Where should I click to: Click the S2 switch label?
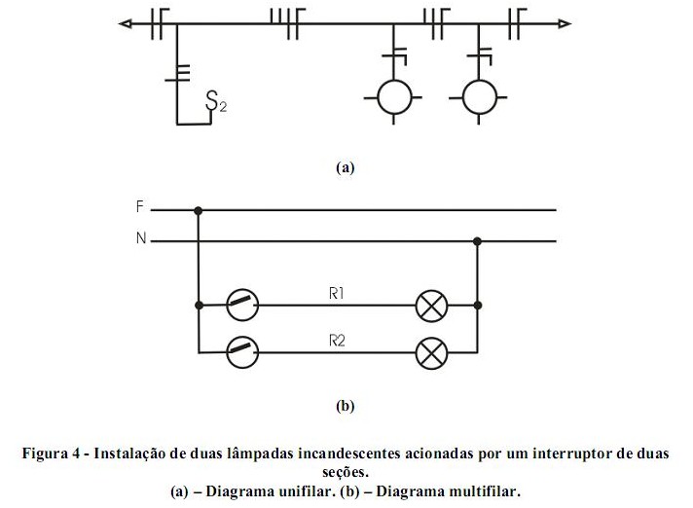(216, 100)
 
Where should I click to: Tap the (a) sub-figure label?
(345, 167)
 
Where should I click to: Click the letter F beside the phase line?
(141, 207)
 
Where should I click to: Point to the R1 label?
(337, 292)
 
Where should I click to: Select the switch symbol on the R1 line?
(240, 306)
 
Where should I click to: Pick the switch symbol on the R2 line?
(240, 351)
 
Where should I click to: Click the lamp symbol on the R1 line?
(430, 306)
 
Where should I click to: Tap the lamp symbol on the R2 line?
(430, 351)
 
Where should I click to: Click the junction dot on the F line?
(199, 209)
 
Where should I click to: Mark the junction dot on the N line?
(477, 240)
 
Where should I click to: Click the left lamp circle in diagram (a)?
(393, 97)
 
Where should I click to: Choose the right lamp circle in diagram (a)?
(477, 97)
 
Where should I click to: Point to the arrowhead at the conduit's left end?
(125, 21)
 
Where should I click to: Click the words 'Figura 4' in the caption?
(55, 454)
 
